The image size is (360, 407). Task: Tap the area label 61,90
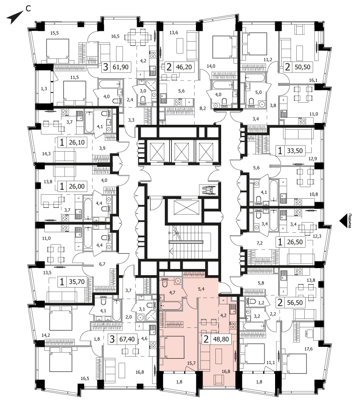tap(121, 67)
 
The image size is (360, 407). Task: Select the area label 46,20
tap(184, 67)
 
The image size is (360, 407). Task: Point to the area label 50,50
tap(303, 67)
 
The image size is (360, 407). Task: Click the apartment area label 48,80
tap(221, 339)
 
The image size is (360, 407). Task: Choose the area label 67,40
tap(127, 339)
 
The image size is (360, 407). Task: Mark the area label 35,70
tap(77, 282)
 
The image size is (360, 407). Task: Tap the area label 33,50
tap(295, 150)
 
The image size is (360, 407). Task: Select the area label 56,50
tap(295, 303)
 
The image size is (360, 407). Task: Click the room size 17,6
tap(308, 349)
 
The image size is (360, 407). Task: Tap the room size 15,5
tap(54, 33)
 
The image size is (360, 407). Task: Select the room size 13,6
tap(174, 33)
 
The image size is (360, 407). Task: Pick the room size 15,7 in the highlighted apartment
tap(191, 363)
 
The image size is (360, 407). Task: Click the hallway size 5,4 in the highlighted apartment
tap(201, 289)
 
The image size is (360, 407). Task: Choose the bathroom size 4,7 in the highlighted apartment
tap(172, 292)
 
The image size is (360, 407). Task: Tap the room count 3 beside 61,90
tap(105, 67)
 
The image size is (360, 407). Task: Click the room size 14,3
tap(46, 154)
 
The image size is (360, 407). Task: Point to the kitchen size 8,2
tap(203, 108)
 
